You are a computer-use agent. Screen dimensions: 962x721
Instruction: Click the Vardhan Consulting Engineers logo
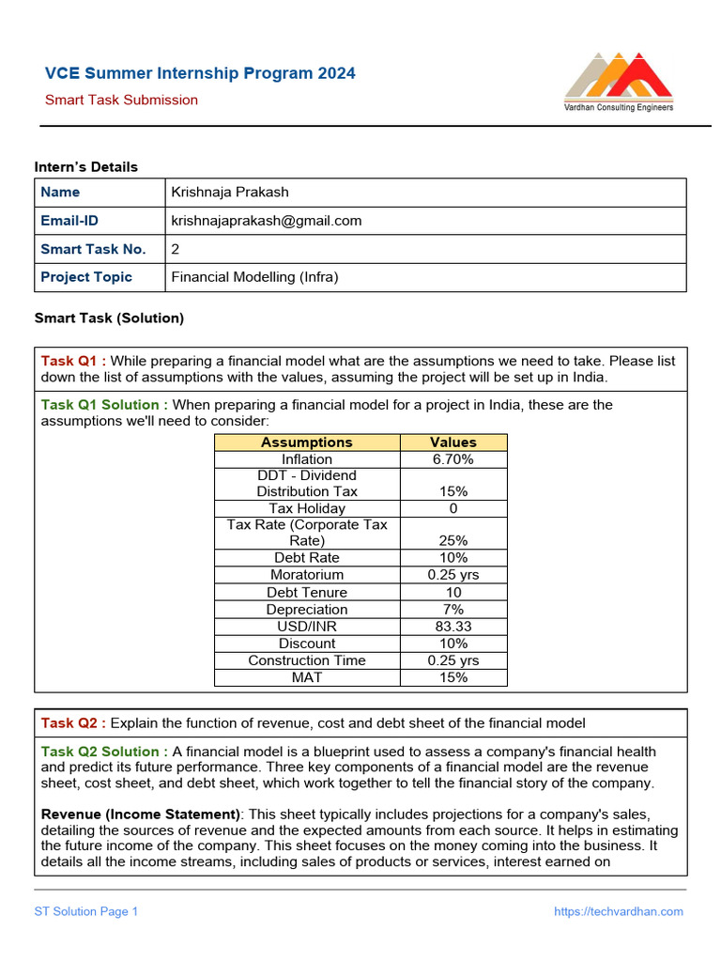[618, 83]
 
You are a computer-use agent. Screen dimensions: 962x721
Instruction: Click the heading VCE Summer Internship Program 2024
[200, 73]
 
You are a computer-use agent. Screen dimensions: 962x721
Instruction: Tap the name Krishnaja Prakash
[230, 192]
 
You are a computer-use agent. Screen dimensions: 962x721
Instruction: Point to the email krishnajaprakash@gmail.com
[266, 221]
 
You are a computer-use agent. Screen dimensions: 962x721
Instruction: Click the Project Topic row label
[86, 277]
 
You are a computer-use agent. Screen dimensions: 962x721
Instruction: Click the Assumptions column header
[307, 442]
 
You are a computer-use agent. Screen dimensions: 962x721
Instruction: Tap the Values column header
[453, 442]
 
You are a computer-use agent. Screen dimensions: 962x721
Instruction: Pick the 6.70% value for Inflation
[453, 459]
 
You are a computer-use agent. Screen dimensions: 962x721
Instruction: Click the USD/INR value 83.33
[453, 627]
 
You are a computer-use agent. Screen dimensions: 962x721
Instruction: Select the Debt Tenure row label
[307, 593]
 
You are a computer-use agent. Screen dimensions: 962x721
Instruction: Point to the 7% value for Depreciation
[453, 610]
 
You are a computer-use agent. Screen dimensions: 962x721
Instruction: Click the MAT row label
[307, 677]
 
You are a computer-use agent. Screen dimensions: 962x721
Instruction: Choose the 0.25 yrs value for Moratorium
[453, 575]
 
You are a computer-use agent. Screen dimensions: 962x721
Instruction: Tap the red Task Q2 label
[73, 722]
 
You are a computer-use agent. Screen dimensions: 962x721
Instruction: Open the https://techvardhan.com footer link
[619, 911]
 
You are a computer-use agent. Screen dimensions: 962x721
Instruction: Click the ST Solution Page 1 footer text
[86, 911]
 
